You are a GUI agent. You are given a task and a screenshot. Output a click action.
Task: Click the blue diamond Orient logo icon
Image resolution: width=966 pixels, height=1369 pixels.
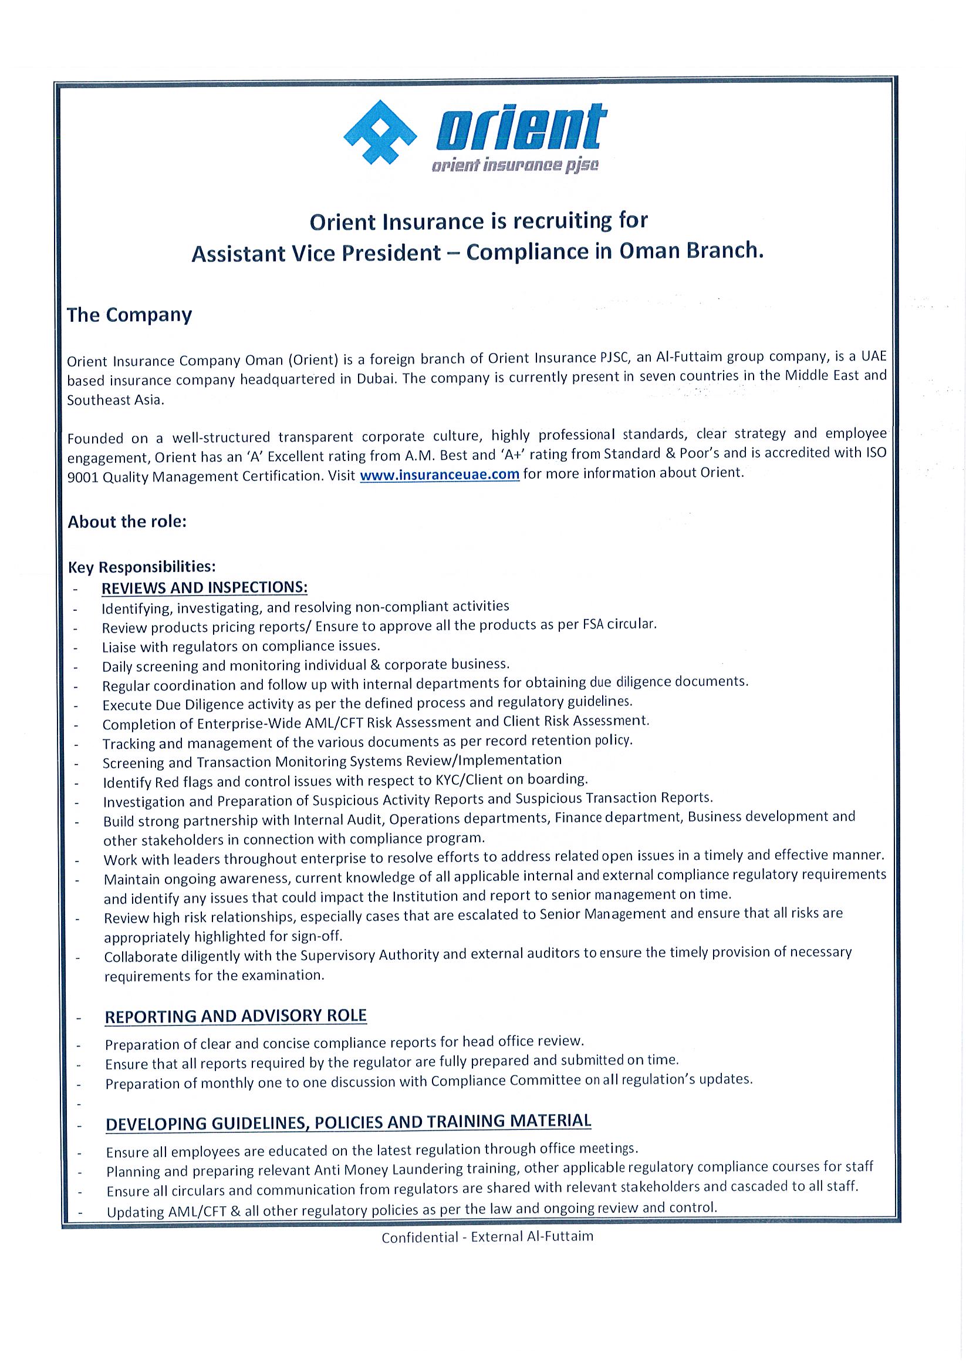(380, 132)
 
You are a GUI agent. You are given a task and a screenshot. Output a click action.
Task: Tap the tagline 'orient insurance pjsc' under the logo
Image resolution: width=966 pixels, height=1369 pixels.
(515, 166)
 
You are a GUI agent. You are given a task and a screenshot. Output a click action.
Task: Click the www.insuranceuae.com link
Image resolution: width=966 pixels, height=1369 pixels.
(440, 475)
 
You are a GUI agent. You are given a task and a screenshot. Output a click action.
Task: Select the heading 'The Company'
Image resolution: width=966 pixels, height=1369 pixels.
(129, 315)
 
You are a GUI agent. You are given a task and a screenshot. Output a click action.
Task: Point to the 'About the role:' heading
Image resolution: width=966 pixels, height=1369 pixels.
(127, 522)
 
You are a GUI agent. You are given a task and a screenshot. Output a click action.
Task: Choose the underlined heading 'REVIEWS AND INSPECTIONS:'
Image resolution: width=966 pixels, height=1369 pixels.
(204, 587)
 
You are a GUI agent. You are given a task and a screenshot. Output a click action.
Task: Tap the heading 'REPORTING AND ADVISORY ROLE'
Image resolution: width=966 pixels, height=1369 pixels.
(235, 1016)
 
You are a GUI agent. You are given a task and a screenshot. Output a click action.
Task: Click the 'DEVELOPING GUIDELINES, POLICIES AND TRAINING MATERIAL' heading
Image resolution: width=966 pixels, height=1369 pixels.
(348, 1122)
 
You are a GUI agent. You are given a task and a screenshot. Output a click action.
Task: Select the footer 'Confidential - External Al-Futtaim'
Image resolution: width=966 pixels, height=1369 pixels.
(488, 1237)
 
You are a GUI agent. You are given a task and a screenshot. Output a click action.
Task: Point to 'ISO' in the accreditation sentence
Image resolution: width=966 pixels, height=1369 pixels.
(876, 452)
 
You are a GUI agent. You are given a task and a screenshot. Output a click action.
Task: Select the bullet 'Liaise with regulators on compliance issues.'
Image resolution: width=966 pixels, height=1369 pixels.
(241, 647)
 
